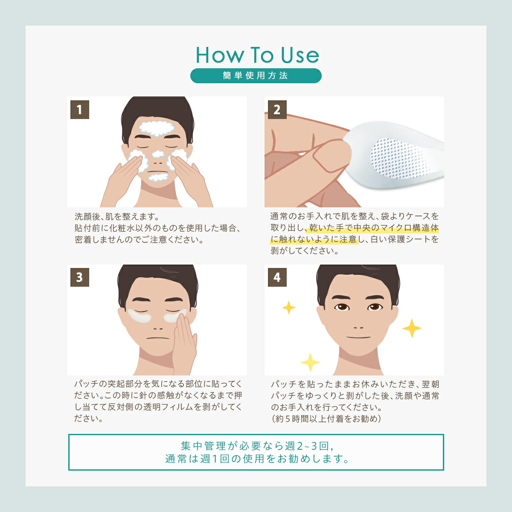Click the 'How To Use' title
[257, 55]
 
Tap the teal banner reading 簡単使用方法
[256, 76]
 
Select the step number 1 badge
[80, 110]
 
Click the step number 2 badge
[277, 110]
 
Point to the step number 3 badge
[80, 277]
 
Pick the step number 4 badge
[277, 277]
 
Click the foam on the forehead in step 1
[157, 128]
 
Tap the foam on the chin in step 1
[158, 177]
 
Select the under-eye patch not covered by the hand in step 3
[140, 316]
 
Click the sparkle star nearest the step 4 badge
[289, 308]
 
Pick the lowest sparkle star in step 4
[310, 362]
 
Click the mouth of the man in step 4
[358, 337]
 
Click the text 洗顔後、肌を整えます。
[117, 217]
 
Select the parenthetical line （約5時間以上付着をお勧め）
[326, 419]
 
